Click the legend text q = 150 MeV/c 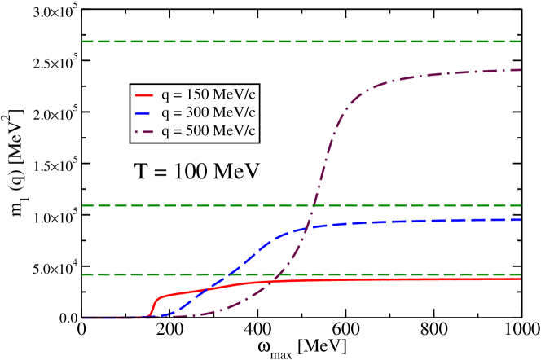coord(209,94)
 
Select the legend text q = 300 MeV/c coord(209,112)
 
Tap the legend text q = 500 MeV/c coord(209,130)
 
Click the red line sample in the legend coord(144,94)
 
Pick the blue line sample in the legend coord(144,112)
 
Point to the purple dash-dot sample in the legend coord(144,130)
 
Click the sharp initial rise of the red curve coord(152,305)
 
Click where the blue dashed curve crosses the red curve coord(205,288)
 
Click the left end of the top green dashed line coord(82,41)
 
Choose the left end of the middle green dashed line coord(82,205)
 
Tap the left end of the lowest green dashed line coord(82,274)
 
